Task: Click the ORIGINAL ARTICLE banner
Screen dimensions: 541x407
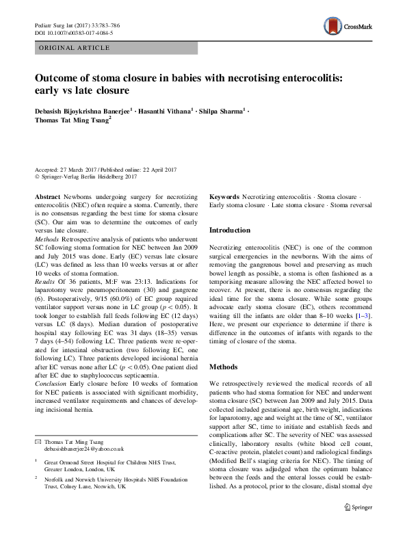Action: pyautogui.click(x=75, y=48)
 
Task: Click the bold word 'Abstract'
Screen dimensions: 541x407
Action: pyautogui.click(x=47, y=196)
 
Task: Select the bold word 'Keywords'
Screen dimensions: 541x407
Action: pyautogui.click(x=224, y=196)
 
